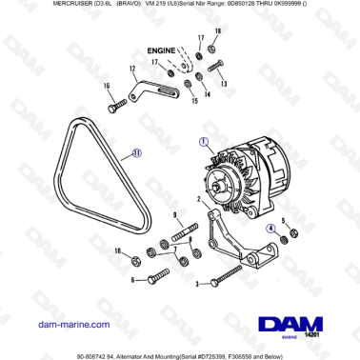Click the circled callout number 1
pyautogui.click(x=203, y=141)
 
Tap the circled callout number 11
pyautogui.click(x=136, y=150)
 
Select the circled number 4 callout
pyautogui.click(x=270, y=229)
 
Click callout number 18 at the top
pyautogui.click(x=217, y=31)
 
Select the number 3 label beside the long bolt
pyautogui.click(x=195, y=283)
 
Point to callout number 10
pyautogui.click(x=117, y=251)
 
